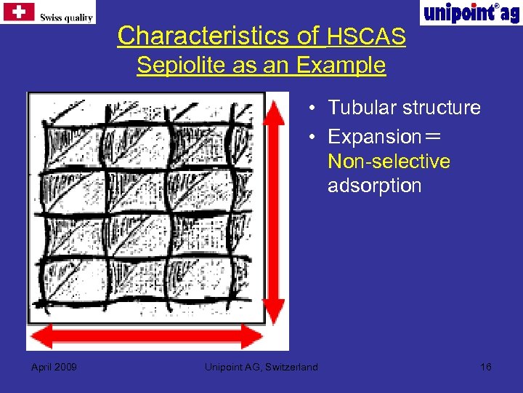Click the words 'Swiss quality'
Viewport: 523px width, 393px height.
coord(66,17)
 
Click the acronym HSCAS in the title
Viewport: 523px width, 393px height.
coord(366,36)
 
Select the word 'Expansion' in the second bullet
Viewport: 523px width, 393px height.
coord(374,137)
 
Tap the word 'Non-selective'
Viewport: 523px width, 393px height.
coord(389,161)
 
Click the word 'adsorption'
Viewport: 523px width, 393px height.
coord(374,186)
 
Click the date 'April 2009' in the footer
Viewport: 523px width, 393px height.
coord(54,366)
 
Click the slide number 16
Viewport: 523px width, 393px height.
coord(486,366)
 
